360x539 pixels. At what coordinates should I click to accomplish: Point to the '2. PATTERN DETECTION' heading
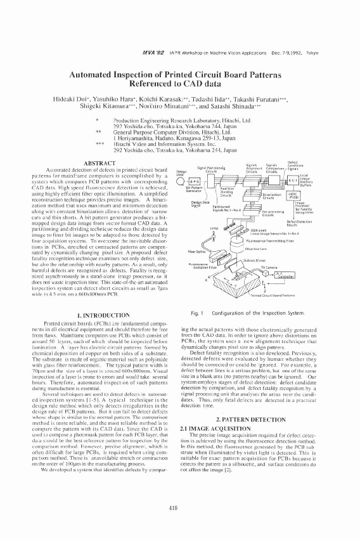coord(261,420)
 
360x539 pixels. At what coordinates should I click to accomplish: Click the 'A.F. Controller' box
coord(285,275)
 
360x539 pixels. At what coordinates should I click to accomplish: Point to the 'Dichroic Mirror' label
coord(260,261)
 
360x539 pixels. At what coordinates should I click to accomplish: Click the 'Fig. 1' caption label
coord(197,313)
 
